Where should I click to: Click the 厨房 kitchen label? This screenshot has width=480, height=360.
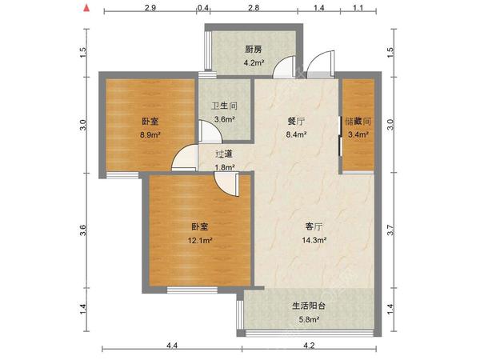(x=254, y=49)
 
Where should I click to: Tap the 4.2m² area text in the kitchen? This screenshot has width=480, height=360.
(x=254, y=62)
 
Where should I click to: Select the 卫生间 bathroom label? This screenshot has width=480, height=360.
(x=223, y=106)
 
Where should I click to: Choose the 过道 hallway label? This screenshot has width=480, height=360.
(x=224, y=154)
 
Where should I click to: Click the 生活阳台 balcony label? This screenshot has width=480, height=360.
(x=308, y=306)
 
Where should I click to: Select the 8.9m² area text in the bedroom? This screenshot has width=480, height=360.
(x=150, y=136)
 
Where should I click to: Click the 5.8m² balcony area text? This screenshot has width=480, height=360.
(x=308, y=320)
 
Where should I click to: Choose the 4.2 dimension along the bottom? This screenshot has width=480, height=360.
(x=309, y=346)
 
